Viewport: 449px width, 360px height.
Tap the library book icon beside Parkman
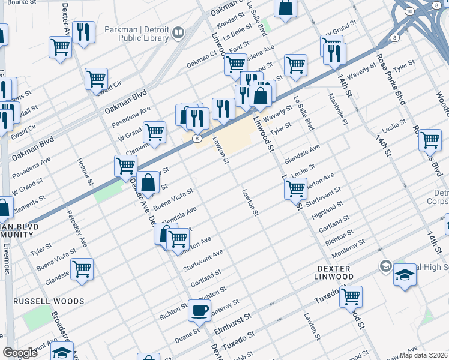coord(178,32)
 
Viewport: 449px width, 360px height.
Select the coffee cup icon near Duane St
coord(200,311)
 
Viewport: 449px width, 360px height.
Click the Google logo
coord(20,353)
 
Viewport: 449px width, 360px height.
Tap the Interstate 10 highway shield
coord(409,12)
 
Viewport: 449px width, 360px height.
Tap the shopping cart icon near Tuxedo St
coord(351,297)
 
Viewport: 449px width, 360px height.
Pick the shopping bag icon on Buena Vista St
coord(148,182)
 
